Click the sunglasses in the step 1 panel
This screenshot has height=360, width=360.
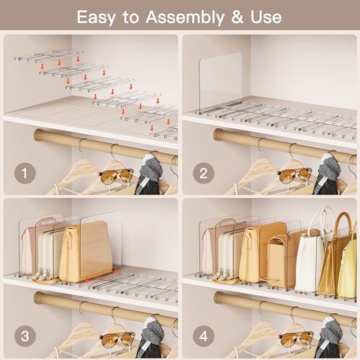(x=116, y=175)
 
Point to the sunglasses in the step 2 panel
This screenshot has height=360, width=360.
(x=294, y=175)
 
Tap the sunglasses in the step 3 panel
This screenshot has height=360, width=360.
(x=116, y=338)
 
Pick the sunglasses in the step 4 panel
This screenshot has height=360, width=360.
(x=294, y=338)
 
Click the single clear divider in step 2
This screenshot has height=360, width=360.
(x=220, y=84)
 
